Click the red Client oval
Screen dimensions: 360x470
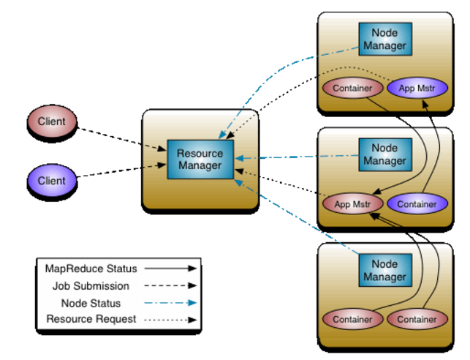point(51,121)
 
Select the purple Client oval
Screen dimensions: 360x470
point(51,181)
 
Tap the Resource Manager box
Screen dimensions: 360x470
point(200,159)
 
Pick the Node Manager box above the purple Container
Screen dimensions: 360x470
point(384,154)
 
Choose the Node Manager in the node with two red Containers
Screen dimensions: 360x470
point(384,271)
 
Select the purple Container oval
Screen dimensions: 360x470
point(416,204)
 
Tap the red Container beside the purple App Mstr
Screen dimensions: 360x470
point(352,89)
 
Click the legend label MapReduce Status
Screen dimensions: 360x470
point(91,269)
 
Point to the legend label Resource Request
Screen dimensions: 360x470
point(91,319)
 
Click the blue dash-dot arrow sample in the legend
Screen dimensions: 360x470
point(170,303)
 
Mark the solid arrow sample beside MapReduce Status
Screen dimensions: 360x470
point(170,269)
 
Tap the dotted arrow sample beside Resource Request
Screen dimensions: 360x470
point(170,320)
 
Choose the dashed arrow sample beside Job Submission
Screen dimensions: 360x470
point(170,286)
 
